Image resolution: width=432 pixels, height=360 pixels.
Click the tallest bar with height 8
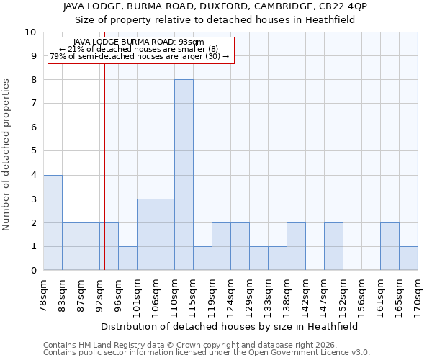coord(184,175)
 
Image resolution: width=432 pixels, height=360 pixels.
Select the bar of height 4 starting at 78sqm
coord(53,222)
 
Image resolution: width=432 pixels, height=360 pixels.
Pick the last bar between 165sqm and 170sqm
coord(408,258)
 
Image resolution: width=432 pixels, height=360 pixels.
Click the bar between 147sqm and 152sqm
coord(333,246)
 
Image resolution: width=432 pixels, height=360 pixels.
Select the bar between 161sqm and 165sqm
coord(390,246)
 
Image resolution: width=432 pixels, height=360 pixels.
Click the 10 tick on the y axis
coord(30,32)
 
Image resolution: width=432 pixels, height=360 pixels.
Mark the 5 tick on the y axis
coord(33,151)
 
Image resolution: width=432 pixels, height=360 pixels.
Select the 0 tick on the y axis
coord(33,270)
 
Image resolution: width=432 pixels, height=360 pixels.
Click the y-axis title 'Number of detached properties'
coord(7,155)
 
